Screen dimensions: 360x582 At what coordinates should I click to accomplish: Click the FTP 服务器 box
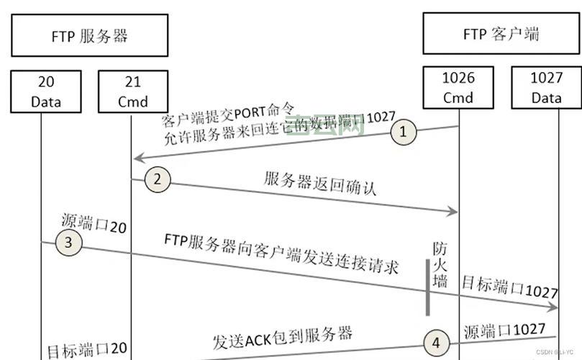click(x=90, y=35)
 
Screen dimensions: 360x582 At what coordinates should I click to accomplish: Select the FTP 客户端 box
click(x=501, y=34)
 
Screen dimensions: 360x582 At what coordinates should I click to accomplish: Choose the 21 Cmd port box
click(x=132, y=91)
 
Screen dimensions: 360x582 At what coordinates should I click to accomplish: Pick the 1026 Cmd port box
click(x=458, y=86)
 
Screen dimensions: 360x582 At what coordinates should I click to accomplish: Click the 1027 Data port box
click(x=546, y=86)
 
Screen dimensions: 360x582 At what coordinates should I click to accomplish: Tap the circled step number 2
click(x=158, y=179)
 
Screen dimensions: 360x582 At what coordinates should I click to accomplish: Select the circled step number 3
click(x=68, y=243)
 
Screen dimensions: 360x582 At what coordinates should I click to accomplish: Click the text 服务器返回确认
click(x=321, y=184)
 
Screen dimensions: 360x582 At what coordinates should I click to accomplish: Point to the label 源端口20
click(x=94, y=224)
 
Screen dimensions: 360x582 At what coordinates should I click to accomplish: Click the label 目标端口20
click(x=87, y=349)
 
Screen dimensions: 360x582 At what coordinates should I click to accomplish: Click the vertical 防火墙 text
click(x=440, y=265)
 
